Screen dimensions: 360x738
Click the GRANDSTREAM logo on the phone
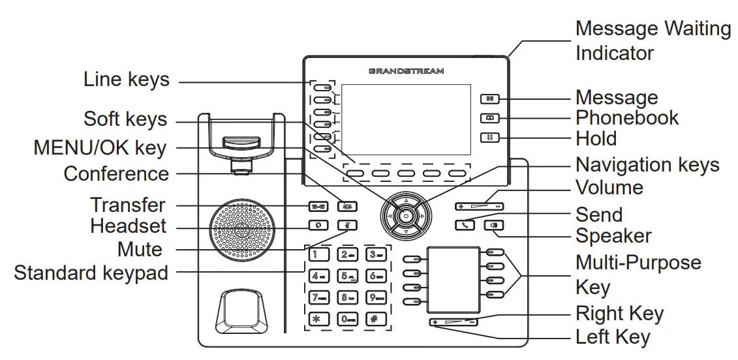point(406,70)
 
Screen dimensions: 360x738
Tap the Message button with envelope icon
point(490,99)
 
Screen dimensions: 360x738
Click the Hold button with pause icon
point(490,138)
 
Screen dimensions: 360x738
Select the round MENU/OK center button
point(406,215)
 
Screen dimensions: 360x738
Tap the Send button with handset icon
point(465,226)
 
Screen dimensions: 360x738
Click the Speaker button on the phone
point(494,226)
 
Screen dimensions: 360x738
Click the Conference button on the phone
point(347,207)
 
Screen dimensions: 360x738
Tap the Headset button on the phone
point(318,226)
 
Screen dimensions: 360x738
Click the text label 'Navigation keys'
point(647,164)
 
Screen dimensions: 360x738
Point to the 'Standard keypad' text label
point(91,273)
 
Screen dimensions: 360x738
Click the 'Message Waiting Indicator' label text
point(653,40)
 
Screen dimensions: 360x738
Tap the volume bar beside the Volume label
point(480,207)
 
